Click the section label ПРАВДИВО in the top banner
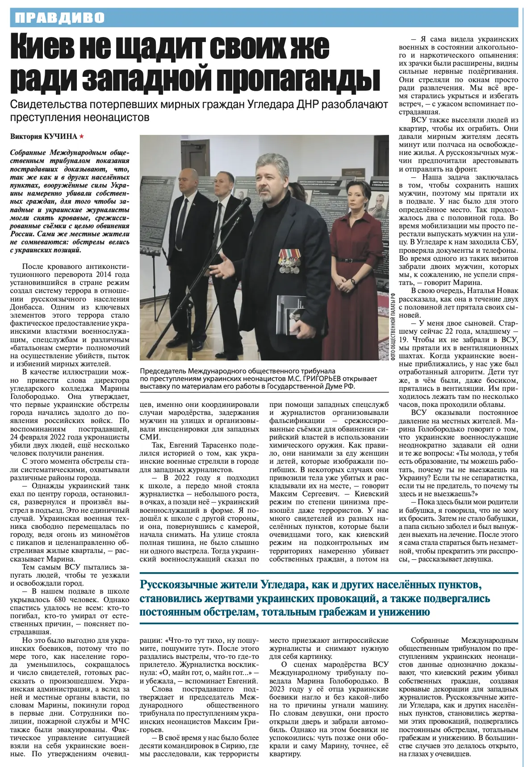click(x=60, y=18)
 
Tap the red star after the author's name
click(x=81, y=137)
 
